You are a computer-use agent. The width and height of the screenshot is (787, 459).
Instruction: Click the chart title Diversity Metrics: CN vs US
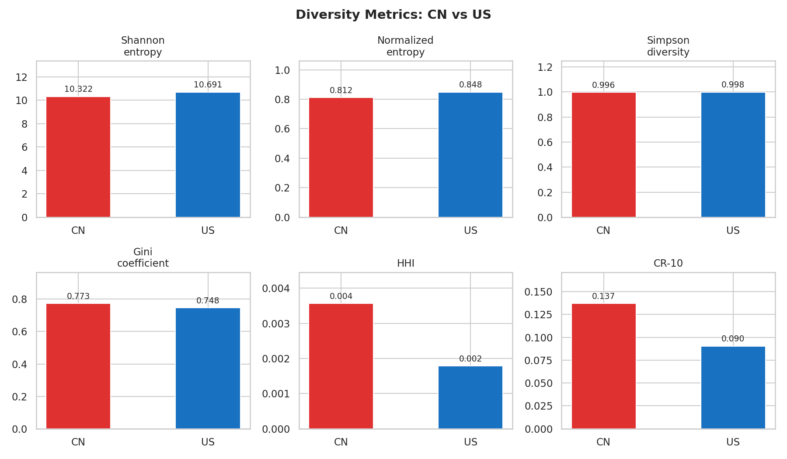pyautogui.click(x=393, y=15)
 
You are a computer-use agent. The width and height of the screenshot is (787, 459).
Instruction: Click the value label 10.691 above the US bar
pyautogui.click(x=208, y=85)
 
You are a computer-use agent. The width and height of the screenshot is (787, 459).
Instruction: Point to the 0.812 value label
pyautogui.click(x=341, y=90)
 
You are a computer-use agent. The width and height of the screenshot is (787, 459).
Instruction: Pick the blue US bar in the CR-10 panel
pyautogui.click(x=733, y=387)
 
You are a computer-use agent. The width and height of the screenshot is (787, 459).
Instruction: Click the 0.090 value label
pyautogui.click(x=733, y=339)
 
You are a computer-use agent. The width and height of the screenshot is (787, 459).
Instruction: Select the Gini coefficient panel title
pyautogui.click(x=143, y=257)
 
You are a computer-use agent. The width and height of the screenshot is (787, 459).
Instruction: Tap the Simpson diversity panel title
pyautogui.click(x=668, y=46)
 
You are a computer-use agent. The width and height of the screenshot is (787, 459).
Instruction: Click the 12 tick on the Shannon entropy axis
pyautogui.click(x=21, y=77)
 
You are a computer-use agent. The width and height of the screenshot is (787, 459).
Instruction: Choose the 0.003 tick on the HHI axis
pyautogui.click(x=275, y=324)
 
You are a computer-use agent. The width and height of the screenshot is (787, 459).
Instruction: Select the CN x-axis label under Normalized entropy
pyautogui.click(x=341, y=230)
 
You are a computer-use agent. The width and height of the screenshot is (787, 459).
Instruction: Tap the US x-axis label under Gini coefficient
pyautogui.click(x=208, y=442)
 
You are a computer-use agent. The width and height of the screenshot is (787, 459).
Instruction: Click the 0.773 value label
pyautogui.click(x=78, y=296)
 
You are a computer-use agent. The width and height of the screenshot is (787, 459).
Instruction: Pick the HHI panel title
pyautogui.click(x=405, y=263)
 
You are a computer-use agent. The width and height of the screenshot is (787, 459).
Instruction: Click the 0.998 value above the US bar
pyautogui.click(x=733, y=85)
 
